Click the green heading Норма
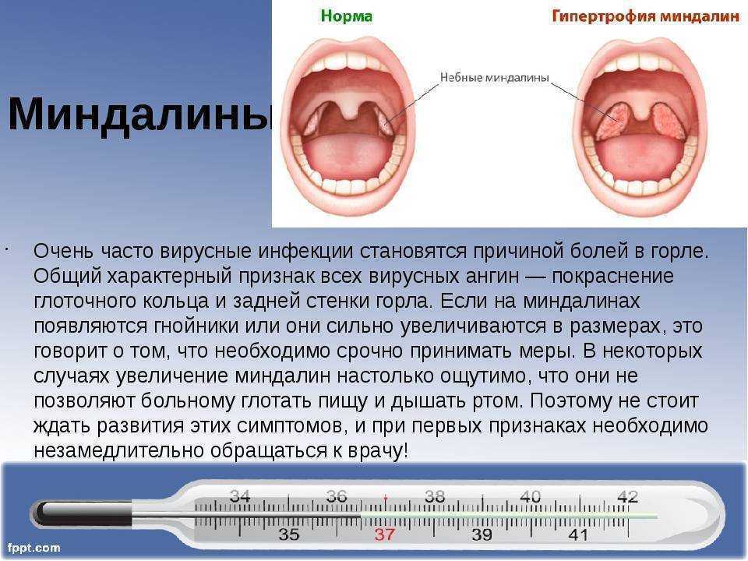pyautogui.click(x=348, y=16)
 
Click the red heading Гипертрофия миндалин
pyautogui.click(x=645, y=16)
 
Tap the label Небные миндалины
pyautogui.click(x=495, y=78)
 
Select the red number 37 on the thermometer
pyautogui.click(x=385, y=535)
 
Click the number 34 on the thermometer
pyautogui.click(x=240, y=496)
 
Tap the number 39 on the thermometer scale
pyautogui.click(x=482, y=535)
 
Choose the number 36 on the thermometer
pyautogui.click(x=337, y=496)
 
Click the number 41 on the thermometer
pyautogui.click(x=578, y=535)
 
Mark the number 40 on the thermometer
pyautogui.click(x=530, y=496)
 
